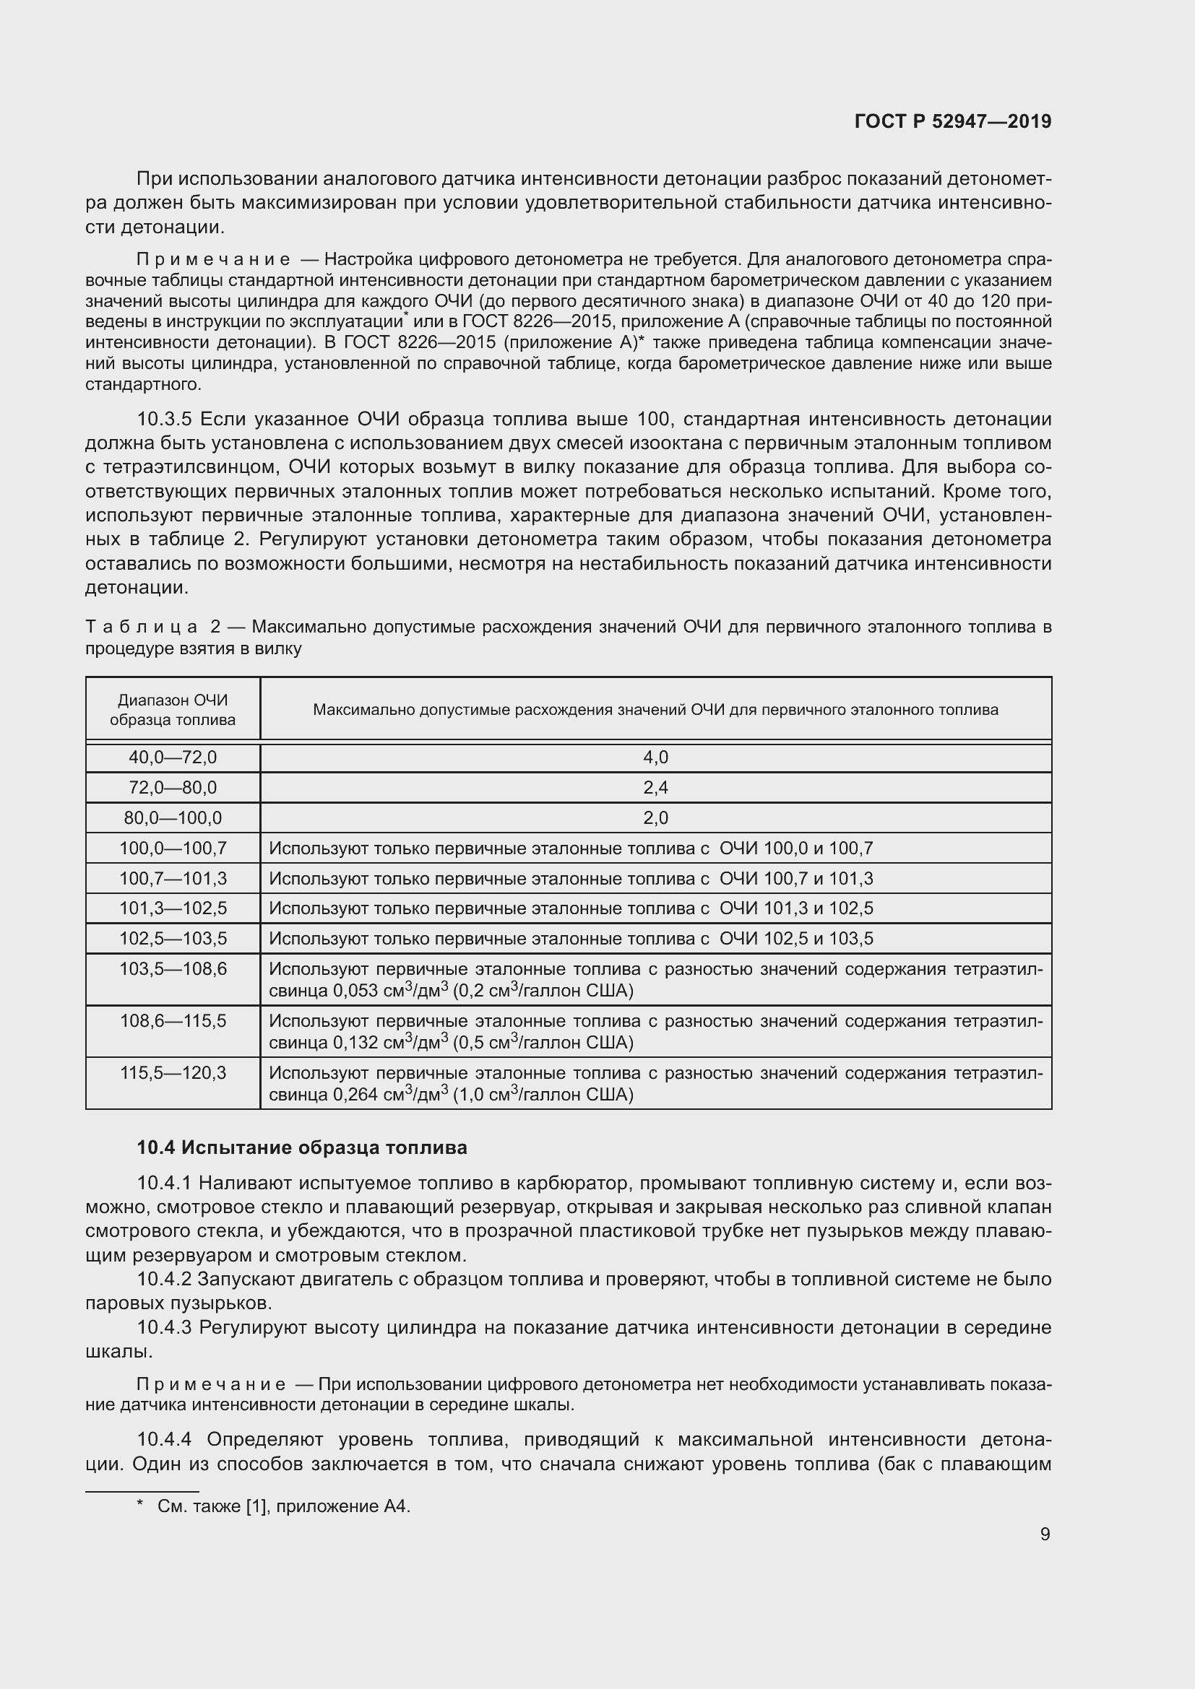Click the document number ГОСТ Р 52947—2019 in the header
click(x=952, y=121)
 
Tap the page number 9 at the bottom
click(x=1045, y=1534)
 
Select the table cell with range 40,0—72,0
click(x=173, y=757)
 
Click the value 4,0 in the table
click(x=655, y=757)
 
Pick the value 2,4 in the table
click(x=655, y=788)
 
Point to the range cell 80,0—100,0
click(x=173, y=818)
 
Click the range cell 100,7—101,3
click(x=173, y=878)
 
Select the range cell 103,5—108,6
click(x=173, y=969)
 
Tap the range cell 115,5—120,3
click(x=173, y=1072)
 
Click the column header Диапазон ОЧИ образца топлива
click(x=173, y=710)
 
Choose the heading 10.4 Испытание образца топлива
click(x=302, y=1147)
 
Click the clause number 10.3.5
click(x=164, y=420)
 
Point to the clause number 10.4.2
click(x=164, y=1280)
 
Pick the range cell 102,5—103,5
click(x=173, y=939)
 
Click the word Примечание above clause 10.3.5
click(x=213, y=260)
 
